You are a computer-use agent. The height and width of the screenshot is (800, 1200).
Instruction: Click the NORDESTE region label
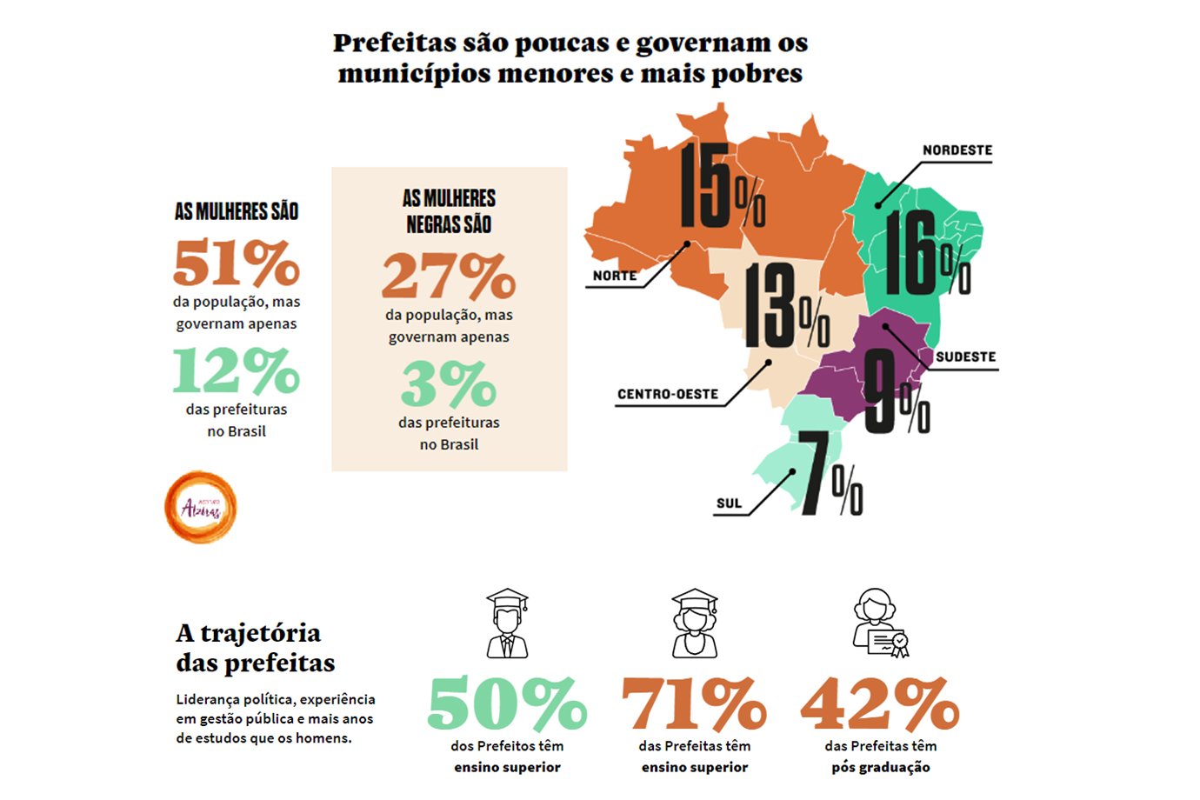[957, 150]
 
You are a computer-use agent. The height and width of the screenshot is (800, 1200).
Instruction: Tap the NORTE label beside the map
[614, 276]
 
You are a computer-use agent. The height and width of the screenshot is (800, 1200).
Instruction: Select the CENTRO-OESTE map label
[667, 394]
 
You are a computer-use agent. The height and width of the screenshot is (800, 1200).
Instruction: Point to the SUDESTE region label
[965, 357]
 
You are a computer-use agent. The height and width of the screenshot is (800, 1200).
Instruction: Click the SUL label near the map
[729, 503]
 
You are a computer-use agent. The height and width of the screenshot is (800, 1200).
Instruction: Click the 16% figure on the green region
[926, 256]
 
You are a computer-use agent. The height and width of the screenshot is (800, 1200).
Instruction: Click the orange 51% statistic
[237, 263]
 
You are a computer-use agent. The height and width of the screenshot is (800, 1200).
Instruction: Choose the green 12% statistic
[237, 370]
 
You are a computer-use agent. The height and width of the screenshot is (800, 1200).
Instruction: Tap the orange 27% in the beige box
[449, 276]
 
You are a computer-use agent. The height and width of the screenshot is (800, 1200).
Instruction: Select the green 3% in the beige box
[449, 383]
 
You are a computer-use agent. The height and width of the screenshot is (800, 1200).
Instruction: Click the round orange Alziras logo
[201, 508]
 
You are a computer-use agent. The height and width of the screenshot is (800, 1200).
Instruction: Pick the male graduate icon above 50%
[507, 623]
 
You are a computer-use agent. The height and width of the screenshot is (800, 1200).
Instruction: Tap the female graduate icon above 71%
[695, 623]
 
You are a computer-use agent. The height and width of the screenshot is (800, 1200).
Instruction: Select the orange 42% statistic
[880, 704]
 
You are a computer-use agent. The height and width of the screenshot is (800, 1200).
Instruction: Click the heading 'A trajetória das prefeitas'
[254, 648]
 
